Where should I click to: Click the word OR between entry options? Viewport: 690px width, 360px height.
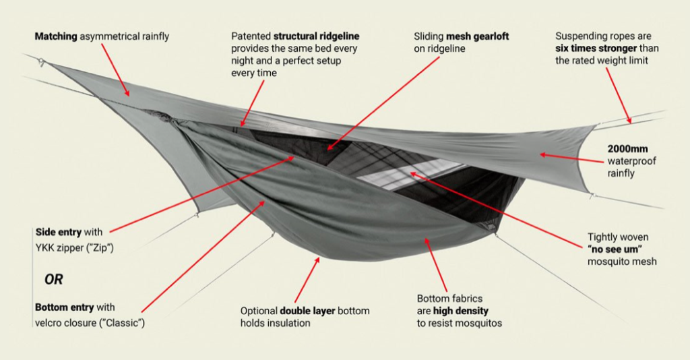[x=55, y=278]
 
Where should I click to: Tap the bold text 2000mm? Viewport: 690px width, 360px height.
[x=627, y=148]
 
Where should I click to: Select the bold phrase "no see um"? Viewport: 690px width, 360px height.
[x=615, y=249]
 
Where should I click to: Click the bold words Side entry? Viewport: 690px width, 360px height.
[x=58, y=232]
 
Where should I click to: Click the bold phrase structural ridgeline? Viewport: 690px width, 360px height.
[x=315, y=35]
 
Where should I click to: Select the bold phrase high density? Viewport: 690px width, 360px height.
[x=462, y=311]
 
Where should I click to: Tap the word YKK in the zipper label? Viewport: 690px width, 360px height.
[x=45, y=247]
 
